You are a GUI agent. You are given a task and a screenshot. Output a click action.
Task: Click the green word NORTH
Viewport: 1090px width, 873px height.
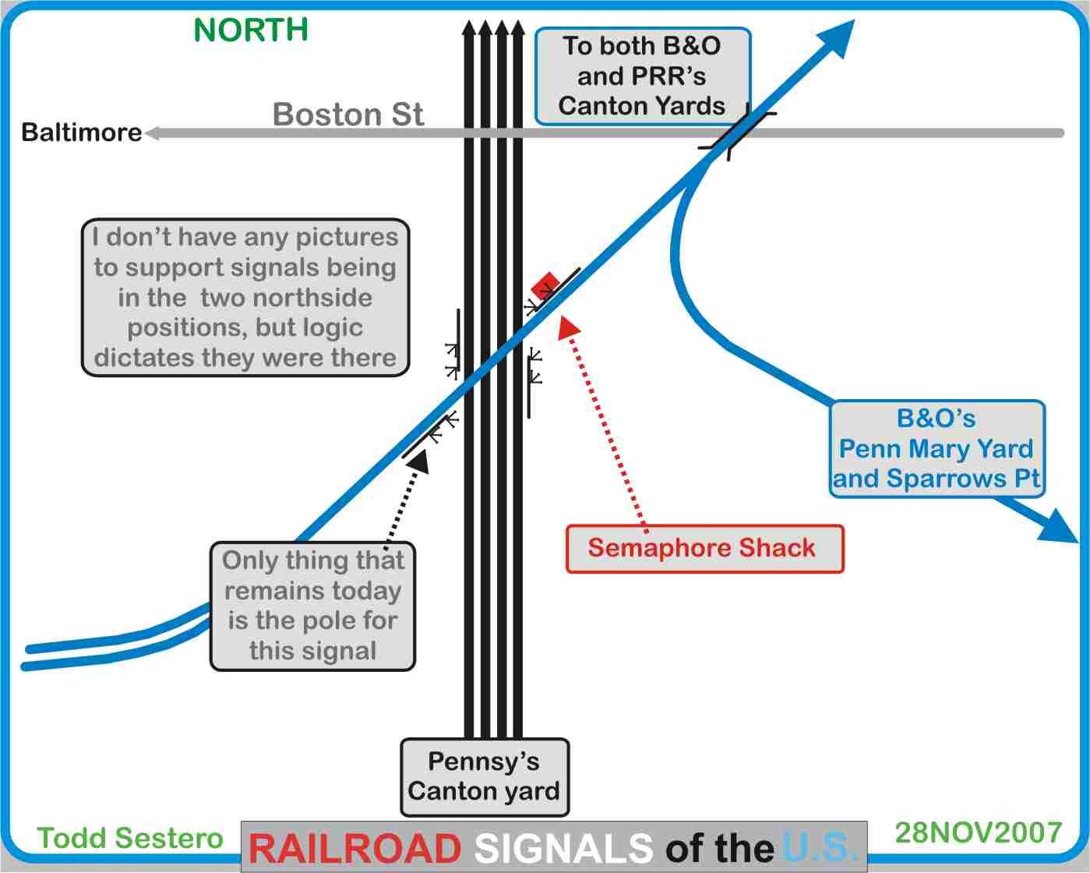pyautogui.click(x=250, y=30)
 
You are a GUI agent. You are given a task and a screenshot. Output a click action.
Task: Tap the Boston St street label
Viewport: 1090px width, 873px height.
pyautogui.click(x=347, y=115)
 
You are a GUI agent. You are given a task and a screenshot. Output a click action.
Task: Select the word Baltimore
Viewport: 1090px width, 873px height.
pyautogui.click(x=81, y=133)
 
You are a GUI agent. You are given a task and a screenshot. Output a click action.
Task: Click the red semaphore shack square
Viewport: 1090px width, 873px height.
pyautogui.click(x=545, y=285)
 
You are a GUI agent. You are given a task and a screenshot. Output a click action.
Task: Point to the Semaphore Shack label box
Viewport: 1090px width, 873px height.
pyautogui.click(x=704, y=549)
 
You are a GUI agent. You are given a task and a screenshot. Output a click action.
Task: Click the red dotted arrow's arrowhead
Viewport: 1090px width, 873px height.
pyautogui.click(x=570, y=326)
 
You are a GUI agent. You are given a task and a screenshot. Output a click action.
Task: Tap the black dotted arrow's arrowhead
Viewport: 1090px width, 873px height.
pyautogui.click(x=419, y=461)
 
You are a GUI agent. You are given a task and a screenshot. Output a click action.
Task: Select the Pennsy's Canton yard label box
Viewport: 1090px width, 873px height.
pyautogui.click(x=485, y=777)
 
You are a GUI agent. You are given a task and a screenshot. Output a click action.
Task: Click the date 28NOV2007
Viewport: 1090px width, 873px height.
pyautogui.click(x=978, y=832)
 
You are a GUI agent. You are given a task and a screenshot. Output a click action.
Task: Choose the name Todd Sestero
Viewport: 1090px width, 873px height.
pyautogui.click(x=130, y=838)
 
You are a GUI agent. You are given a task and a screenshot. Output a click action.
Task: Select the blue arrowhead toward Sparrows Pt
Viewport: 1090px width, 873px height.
pyautogui.click(x=1061, y=528)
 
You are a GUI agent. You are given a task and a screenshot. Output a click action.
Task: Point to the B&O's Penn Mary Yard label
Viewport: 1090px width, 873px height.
pyautogui.click(x=937, y=449)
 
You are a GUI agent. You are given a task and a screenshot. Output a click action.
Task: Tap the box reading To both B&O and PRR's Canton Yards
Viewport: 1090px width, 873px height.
pyautogui.click(x=642, y=76)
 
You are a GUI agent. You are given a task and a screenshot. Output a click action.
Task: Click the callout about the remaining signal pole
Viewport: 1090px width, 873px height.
pyautogui.click(x=312, y=606)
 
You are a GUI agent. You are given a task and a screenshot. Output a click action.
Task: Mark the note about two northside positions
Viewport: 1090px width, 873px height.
pyautogui.click(x=245, y=298)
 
